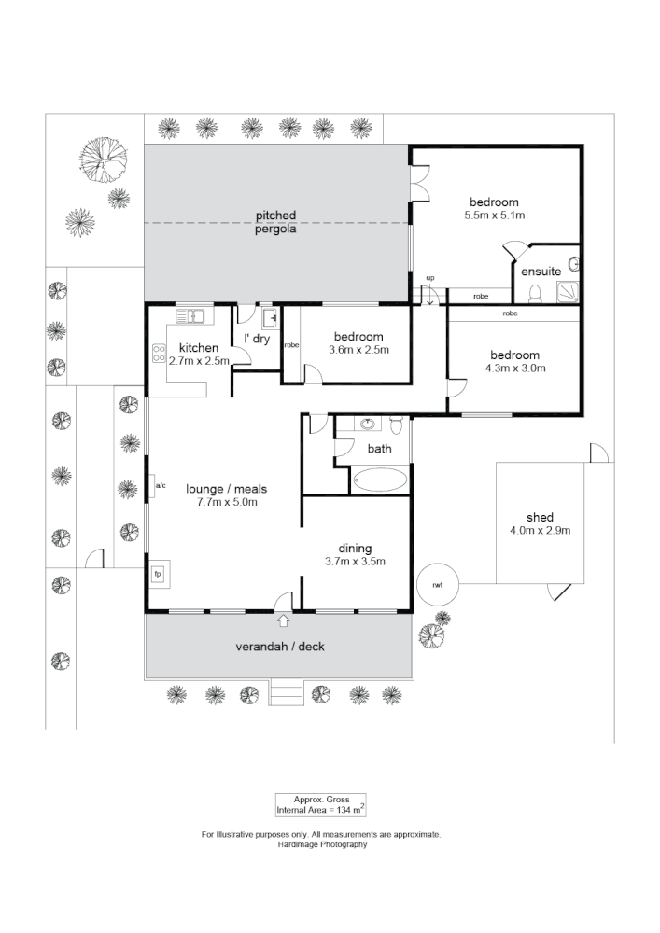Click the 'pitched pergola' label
tap(276, 222)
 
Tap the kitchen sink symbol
tap(190, 316)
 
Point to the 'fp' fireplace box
tap(158, 573)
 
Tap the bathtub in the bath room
tap(380, 480)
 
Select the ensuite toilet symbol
tap(535, 295)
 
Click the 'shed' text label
tap(540, 517)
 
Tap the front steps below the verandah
tap(286, 692)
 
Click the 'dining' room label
tap(355, 548)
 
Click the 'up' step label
tap(430, 278)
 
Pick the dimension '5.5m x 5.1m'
tap(494, 215)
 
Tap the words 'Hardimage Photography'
tap(322, 844)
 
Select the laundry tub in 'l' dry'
tap(269, 319)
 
